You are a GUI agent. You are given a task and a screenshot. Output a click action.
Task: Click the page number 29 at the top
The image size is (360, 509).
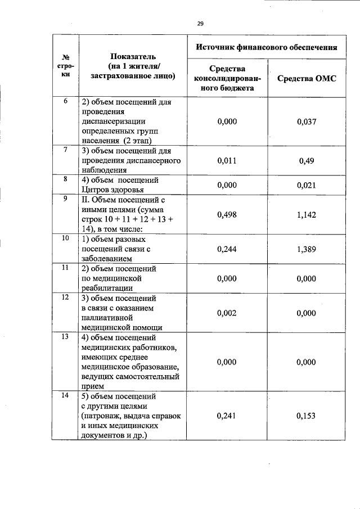(x=200, y=23)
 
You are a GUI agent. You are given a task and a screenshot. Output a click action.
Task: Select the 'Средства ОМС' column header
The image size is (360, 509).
(x=307, y=78)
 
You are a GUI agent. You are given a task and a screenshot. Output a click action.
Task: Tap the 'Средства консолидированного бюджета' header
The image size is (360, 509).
(x=228, y=78)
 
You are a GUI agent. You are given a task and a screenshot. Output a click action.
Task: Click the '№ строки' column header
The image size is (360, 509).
(x=65, y=65)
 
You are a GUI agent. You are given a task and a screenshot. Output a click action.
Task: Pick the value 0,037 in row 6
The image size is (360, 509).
(x=307, y=121)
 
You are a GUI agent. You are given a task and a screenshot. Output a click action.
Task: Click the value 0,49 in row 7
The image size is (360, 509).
(x=307, y=160)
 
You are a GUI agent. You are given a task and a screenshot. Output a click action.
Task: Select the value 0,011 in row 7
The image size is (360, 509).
(x=227, y=160)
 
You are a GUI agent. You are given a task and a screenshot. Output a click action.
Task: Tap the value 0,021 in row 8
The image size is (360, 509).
(x=307, y=184)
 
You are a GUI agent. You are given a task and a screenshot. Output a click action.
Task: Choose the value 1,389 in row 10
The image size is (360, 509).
(x=307, y=249)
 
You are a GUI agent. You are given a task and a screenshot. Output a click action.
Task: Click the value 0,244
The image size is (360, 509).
(x=227, y=249)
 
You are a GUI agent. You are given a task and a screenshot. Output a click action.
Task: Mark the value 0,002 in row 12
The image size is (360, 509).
(x=227, y=313)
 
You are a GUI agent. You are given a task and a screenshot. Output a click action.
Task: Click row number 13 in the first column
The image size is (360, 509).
(x=65, y=337)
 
